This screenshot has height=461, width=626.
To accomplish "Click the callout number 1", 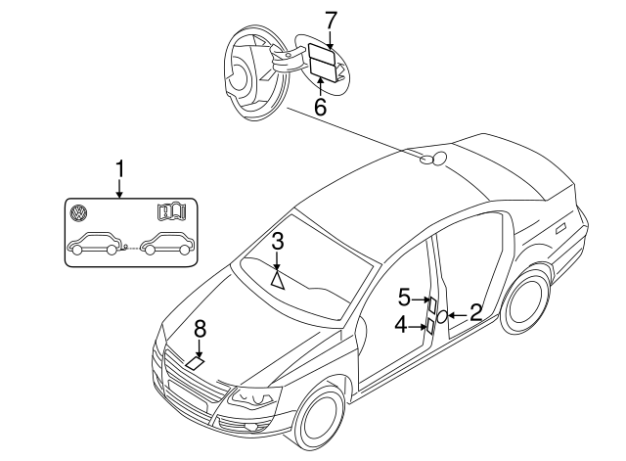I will coord(120,169).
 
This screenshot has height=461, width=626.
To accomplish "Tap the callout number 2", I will coord(475,313).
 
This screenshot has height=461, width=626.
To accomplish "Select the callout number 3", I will coord(278,241).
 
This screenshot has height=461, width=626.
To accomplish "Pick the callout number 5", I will coord(404,296).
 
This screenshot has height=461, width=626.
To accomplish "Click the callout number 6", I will coord(320,106).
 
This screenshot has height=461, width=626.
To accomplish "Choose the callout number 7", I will coord(331,19).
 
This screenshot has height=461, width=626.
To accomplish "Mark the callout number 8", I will coord(200,329).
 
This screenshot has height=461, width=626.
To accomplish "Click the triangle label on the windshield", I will coord(278,279).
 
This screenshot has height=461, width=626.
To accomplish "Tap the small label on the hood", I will coord(197,362).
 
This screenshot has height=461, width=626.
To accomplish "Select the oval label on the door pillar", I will coord(441,316).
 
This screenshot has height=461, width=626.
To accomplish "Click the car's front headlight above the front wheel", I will coord(252,399).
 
